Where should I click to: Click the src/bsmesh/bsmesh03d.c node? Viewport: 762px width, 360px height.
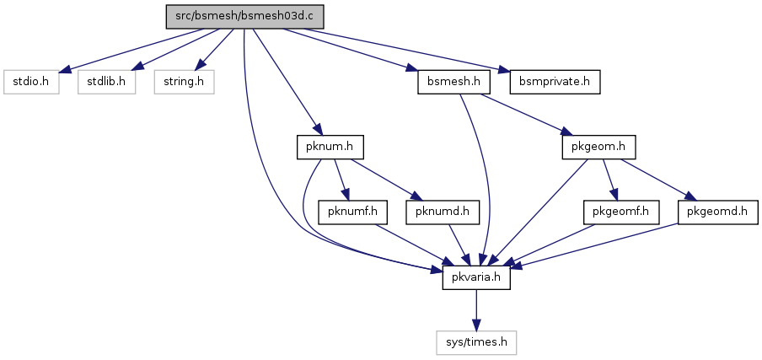pos(244,17)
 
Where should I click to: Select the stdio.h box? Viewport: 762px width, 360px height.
pos(31,82)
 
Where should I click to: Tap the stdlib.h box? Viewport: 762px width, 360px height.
pos(106,82)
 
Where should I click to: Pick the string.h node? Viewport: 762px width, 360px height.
pos(185,82)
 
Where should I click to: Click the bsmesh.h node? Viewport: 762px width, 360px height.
pos(453,82)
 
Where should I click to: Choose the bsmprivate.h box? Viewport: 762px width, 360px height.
pos(555,82)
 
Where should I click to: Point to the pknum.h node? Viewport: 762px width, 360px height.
pos(330,148)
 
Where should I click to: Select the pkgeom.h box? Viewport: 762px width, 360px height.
pos(598,148)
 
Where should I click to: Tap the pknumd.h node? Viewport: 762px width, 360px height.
pos(443,212)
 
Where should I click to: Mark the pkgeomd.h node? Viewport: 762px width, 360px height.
pos(718,212)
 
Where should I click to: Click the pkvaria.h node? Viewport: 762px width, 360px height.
pos(476,278)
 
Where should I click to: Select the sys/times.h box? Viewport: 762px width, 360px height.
pos(476,343)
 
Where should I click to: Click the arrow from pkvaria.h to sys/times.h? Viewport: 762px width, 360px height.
pos(476,310)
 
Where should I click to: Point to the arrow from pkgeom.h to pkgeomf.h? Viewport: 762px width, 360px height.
pos(610,180)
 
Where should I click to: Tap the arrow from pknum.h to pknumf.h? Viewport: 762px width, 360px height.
pos(341,180)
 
